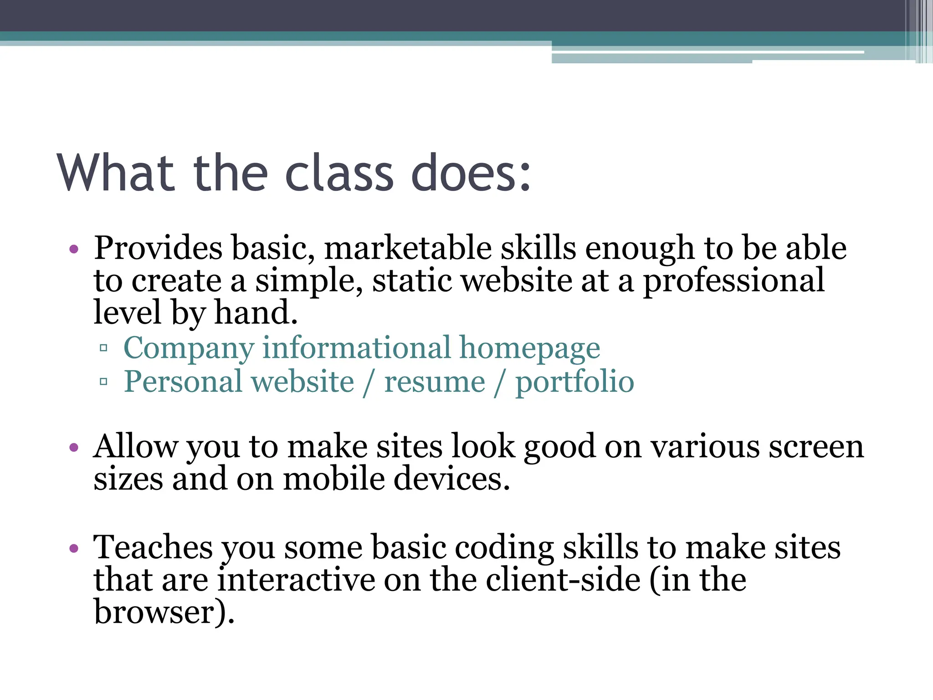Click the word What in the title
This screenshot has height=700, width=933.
[116, 173]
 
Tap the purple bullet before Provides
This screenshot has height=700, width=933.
[74, 249]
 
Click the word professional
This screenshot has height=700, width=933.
[733, 281]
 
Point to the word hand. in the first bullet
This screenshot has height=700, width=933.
[256, 313]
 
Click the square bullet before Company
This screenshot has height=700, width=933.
[103, 349]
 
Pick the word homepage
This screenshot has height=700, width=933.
[529, 349]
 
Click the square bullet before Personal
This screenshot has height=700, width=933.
[103, 381]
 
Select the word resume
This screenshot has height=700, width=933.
[435, 382]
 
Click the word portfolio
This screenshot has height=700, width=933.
[574, 382]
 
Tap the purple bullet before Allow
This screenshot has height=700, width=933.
[74, 447]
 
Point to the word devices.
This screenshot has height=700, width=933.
[451, 479]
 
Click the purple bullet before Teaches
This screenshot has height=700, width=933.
[74, 548]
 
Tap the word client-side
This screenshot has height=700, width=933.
[563, 580]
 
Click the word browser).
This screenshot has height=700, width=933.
[164, 612]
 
